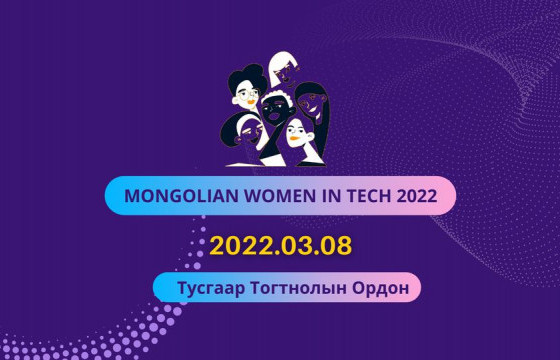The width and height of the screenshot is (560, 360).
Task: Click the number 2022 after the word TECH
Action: (413, 196)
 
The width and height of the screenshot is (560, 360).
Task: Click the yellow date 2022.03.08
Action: (281, 245)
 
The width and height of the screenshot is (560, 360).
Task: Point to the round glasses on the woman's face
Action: (248, 95)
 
